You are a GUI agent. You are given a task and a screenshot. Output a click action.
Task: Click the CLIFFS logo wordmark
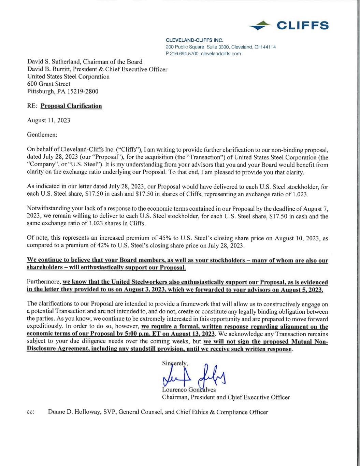pyautogui.click(x=302, y=26)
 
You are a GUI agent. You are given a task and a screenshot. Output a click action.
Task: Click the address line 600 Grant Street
pyautogui.click(x=48, y=84)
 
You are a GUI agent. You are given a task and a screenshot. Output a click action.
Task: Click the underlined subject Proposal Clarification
pyautogui.click(x=71, y=106)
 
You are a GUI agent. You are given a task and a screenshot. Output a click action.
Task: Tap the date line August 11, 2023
pyautogui.click(x=48, y=121)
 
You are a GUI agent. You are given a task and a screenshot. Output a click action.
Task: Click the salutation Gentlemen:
pyautogui.click(x=42, y=135)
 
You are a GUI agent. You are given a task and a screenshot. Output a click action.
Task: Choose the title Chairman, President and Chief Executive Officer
pyautogui.click(x=226, y=397)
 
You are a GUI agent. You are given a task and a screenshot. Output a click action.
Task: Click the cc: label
pyautogui.click(x=30, y=412)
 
